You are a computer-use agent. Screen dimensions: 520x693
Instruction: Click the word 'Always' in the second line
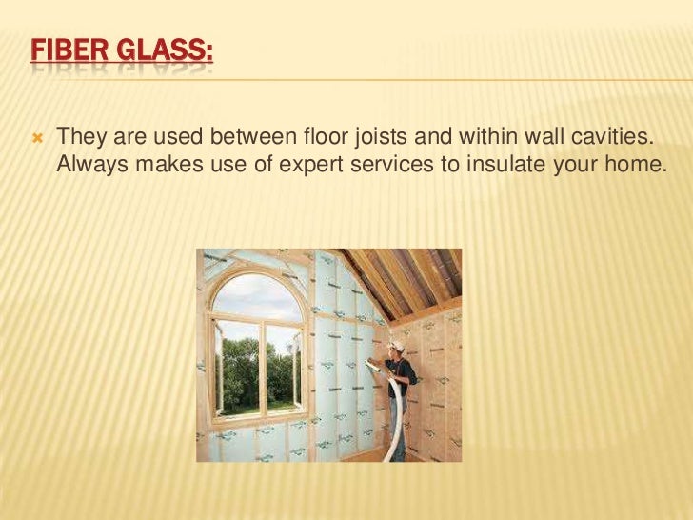[x=90, y=164]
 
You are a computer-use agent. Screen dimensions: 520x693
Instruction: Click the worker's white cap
[x=397, y=348]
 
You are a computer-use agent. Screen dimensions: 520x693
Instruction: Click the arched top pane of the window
[x=257, y=294]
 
